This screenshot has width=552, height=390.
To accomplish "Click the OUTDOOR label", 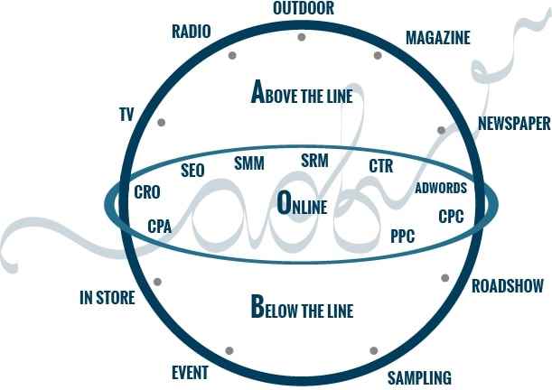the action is [304, 8].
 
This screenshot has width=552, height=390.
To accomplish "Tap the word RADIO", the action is [192, 32].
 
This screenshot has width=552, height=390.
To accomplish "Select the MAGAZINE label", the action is [438, 38].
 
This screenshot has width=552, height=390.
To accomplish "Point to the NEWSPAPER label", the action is [514, 123].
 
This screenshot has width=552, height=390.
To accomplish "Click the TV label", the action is [126, 115].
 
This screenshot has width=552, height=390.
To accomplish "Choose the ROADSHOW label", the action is [508, 286].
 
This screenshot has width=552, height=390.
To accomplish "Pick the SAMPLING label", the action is [419, 378].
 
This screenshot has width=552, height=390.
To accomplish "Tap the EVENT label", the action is [190, 373].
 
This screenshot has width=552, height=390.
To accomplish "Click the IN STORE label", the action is [108, 298].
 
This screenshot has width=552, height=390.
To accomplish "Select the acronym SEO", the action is [192, 171].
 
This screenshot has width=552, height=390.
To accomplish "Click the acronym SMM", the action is [249, 163].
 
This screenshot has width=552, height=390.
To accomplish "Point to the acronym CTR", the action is [381, 166].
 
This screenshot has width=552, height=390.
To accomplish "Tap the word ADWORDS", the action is [441, 188].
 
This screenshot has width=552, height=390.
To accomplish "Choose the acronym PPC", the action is [403, 236].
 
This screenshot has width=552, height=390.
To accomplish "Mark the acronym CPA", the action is [160, 227].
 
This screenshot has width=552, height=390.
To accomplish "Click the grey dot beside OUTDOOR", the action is [302, 37].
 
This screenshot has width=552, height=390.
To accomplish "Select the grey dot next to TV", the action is [161, 123].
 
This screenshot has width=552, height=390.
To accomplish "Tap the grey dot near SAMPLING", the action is [374, 350].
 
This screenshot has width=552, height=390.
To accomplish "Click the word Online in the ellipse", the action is [302, 204].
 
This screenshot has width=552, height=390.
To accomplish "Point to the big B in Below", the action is [257, 306].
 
